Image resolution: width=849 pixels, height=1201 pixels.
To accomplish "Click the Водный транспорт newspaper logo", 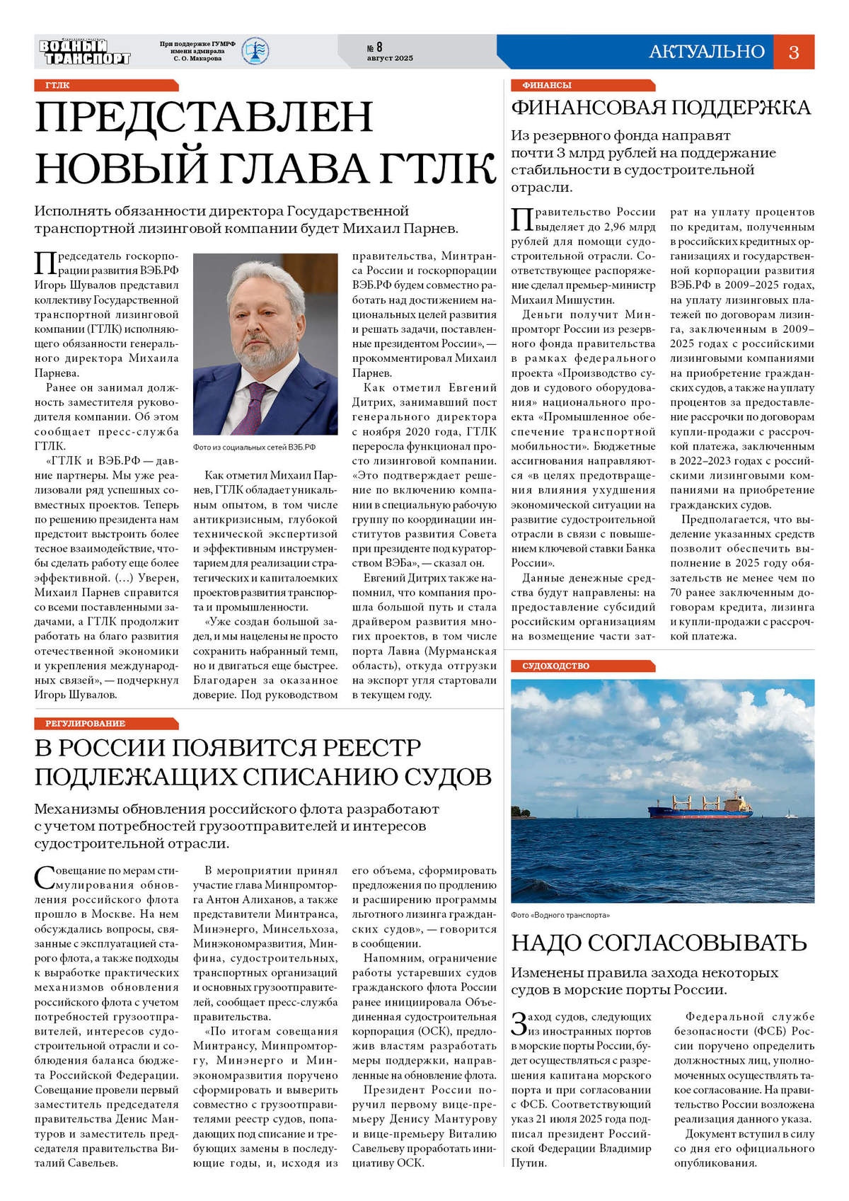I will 85,52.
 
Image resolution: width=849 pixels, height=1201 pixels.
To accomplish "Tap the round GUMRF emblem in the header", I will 255,51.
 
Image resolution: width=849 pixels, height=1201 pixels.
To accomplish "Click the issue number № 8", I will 375,47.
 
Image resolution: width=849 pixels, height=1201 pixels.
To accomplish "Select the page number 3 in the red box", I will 793,52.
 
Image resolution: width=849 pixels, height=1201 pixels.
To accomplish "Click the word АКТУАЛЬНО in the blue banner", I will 706,52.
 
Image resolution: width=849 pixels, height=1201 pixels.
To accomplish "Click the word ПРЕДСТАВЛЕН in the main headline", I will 204,118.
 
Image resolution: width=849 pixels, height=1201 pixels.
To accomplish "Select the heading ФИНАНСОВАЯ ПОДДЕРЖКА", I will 661,108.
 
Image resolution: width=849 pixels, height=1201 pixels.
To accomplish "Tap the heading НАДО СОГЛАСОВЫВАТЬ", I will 659,943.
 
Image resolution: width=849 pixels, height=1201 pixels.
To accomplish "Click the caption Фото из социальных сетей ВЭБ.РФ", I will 254,448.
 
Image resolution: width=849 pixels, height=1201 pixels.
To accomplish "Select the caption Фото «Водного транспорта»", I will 560,915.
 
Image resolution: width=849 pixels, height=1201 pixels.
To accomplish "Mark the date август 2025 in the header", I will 389,58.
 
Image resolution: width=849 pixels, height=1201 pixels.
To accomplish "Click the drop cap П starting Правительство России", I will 521,220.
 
